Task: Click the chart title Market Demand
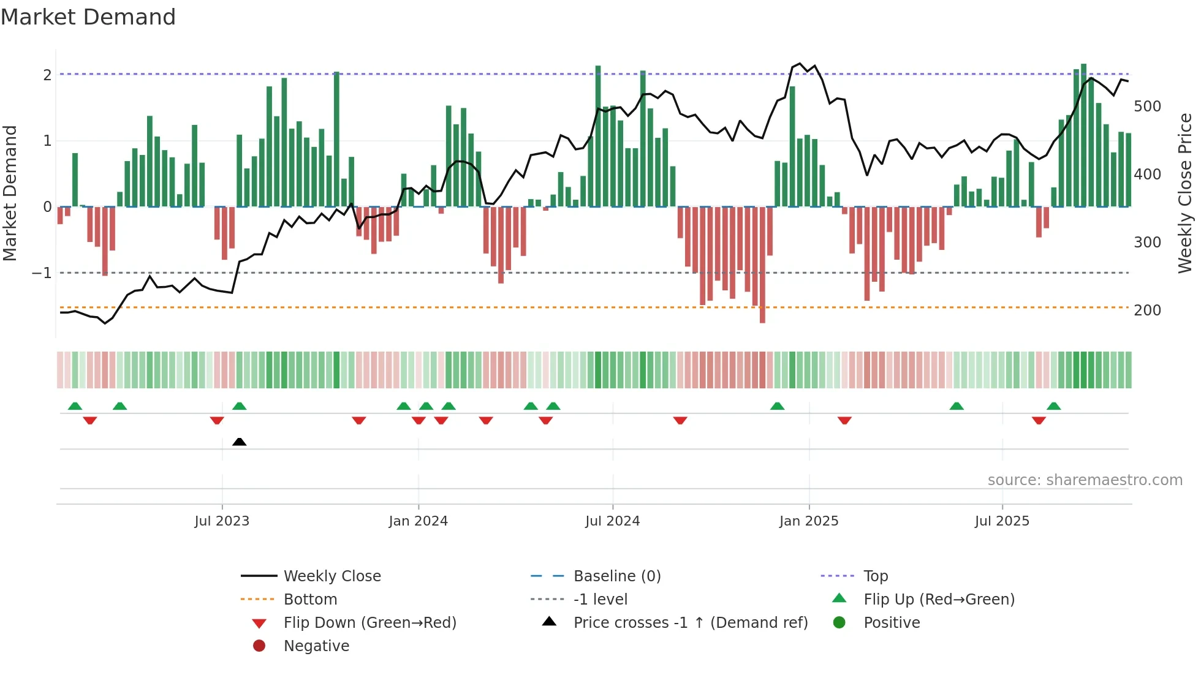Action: tap(88, 17)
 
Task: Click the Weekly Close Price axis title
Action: tap(1185, 193)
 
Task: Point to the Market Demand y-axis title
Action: tap(10, 193)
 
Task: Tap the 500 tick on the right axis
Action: tap(1147, 107)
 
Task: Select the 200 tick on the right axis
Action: tap(1147, 311)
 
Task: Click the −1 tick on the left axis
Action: tap(42, 273)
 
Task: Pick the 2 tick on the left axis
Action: tap(47, 75)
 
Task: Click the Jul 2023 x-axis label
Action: tap(222, 521)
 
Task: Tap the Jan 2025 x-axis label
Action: tap(809, 521)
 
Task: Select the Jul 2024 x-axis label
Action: tap(612, 521)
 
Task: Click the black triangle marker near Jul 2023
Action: tap(240, 442)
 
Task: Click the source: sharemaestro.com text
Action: tap(1085, 480)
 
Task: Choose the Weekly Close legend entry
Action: tap(332, 576)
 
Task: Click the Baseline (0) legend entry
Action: tap(616, 576)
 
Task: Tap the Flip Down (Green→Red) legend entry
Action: tap(369, 623)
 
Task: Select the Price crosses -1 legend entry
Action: tap(690, 623)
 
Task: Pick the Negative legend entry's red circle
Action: tap(259, 646)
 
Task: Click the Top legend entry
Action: tap(875, 576)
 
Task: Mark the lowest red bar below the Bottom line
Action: tap(762, 315)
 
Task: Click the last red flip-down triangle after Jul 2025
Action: tap(1039, 420)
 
